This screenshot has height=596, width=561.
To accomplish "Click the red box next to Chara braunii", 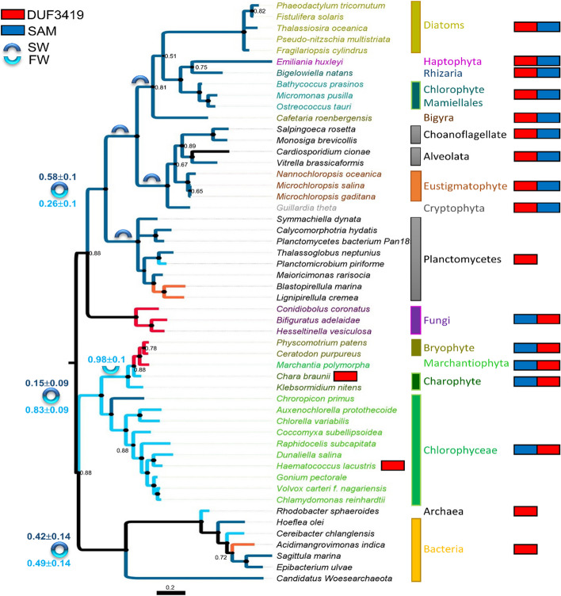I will pos(345,377).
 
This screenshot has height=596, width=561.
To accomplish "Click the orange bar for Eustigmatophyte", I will pos(415,185).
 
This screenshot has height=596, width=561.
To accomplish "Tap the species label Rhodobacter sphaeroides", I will pos(322,511).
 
